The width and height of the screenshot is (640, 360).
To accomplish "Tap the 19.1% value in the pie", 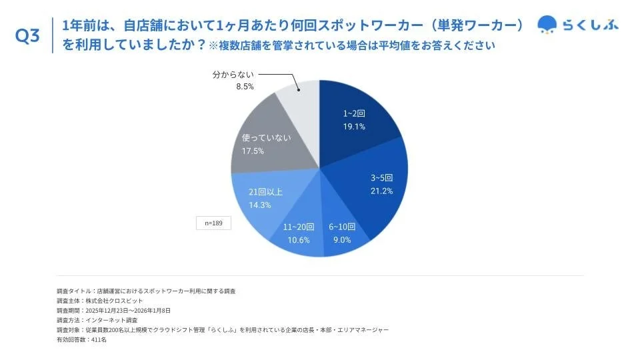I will click(354, 127).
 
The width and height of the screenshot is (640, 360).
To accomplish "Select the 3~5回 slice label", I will click(381, 178).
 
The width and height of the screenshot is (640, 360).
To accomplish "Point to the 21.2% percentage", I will click(381, 191).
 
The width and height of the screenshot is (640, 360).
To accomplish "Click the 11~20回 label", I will click(299, 227).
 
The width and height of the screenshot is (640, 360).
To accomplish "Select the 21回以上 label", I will click(265, 192).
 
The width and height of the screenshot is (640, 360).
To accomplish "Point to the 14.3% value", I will click(260, 205).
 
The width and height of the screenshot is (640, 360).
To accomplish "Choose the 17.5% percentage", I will click(253, 151).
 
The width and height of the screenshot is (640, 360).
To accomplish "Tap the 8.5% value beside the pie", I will click(244, 87).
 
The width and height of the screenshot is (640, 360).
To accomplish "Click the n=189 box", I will click(213, 223).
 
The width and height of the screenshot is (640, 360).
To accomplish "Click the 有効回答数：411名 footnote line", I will click(82, 339).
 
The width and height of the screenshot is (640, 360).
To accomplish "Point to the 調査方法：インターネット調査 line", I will click(97, 320).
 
